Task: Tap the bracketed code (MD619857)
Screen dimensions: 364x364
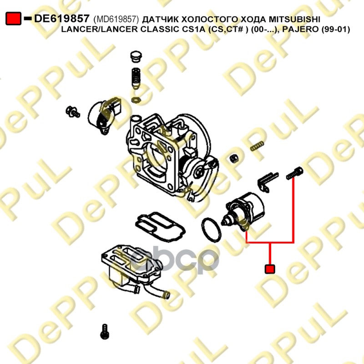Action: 116,20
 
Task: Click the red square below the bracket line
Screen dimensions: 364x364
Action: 270,269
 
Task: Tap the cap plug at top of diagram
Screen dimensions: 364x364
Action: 135,57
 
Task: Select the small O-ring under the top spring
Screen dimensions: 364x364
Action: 136,100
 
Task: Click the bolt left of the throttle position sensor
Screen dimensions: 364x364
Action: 72,111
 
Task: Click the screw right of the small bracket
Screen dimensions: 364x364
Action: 295,173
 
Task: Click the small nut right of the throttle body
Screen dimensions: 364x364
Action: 234,158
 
